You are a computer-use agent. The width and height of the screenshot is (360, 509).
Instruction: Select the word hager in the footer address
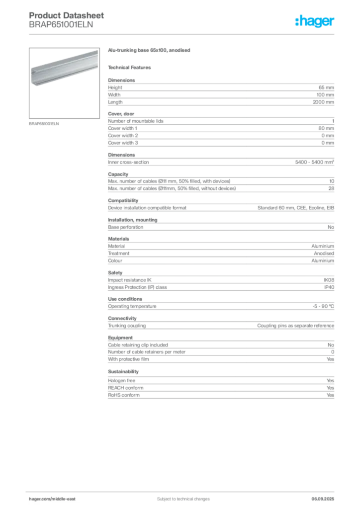tap(37, 499)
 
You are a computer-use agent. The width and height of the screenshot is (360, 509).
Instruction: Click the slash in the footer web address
tap(52, 499)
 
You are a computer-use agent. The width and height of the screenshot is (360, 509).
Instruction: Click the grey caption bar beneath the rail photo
tap(44, 124)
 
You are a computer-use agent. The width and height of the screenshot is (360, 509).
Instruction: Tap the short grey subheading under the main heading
tap(131, 67)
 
